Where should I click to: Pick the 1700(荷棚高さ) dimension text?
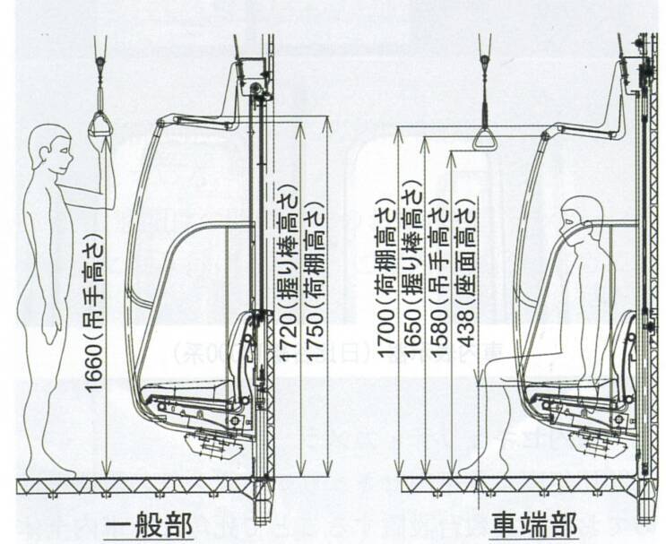[x=385, y=282]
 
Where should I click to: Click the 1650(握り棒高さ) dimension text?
[x=412, y=278]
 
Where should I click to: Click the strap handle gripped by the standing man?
[x=100, y=126]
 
